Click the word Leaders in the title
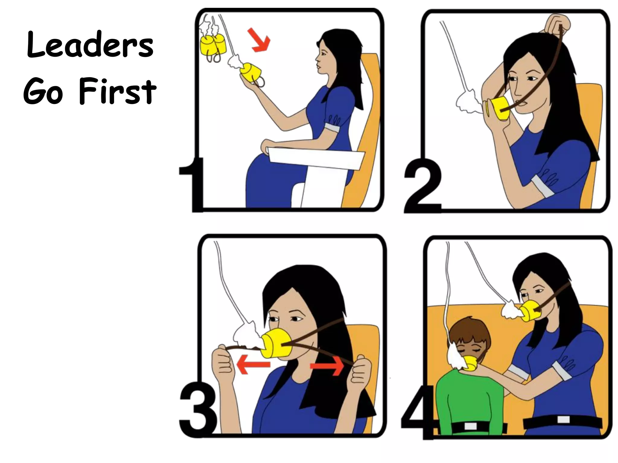point(90,46)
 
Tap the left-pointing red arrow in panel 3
point(253,365)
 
